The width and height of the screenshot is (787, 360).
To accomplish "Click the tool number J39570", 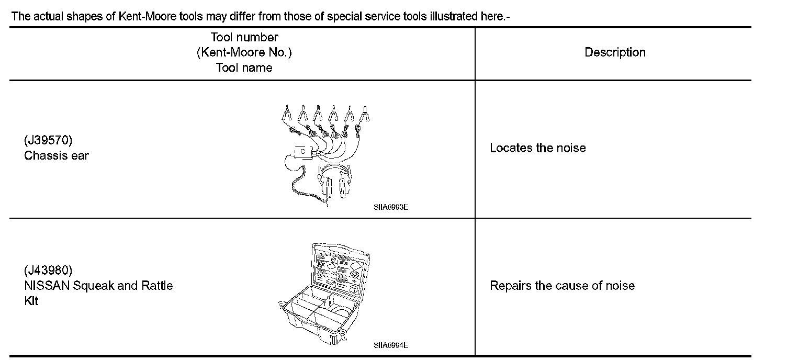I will [48, 140].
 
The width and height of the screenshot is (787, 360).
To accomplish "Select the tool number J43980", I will [48, 271].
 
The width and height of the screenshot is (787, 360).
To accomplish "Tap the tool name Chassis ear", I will [57, 155].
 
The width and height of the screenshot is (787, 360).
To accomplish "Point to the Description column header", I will [615, 52].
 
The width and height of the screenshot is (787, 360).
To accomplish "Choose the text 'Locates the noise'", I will [537, 148].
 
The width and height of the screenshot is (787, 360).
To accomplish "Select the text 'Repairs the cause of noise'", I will [562, 286].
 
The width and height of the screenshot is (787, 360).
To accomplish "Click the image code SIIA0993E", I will [391, 207].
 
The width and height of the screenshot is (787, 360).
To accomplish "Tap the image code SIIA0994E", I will [391, 345].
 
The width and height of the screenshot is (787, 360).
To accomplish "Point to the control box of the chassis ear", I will [303, 152].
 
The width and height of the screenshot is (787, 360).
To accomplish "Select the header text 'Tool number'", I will [244, 37].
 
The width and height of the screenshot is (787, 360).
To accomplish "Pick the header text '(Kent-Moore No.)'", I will [244, 52].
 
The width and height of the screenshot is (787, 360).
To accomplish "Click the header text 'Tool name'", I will [244, 67].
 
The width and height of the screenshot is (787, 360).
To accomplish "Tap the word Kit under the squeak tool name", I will [31, 301].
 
